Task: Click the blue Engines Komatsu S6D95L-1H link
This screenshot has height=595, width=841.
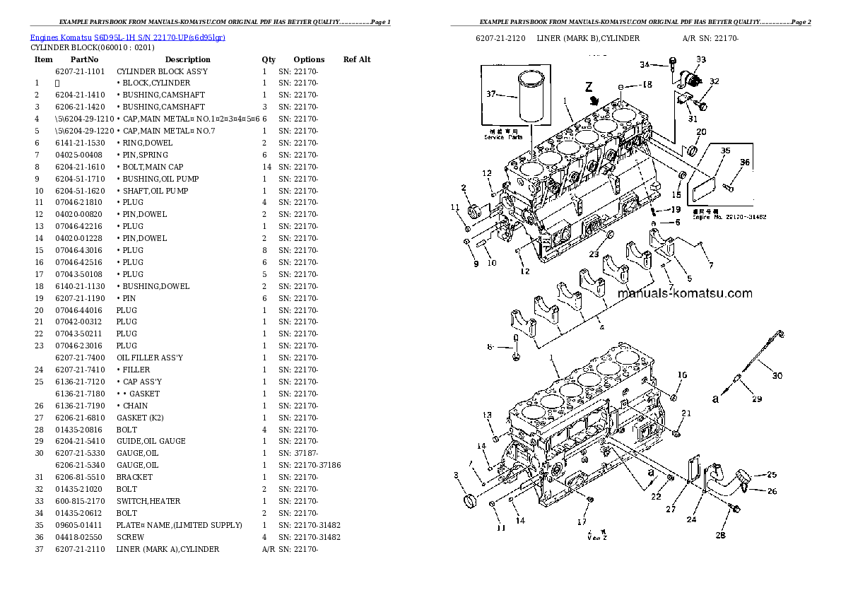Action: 127,37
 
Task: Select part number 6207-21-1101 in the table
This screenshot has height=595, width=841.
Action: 79,71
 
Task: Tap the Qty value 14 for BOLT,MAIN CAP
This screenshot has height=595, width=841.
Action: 266,167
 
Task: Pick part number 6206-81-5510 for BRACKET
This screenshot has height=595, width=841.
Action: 79,477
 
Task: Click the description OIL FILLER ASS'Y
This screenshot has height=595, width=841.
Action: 150,358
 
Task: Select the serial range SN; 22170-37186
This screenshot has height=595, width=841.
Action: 310,465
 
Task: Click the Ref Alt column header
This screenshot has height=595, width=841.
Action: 357,59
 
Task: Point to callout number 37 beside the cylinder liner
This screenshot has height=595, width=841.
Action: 491,93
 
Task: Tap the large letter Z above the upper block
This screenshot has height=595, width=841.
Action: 588,88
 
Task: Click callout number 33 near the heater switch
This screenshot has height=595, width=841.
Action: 700,60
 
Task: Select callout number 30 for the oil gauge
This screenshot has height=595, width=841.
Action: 777,375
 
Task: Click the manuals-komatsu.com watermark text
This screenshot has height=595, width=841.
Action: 685,294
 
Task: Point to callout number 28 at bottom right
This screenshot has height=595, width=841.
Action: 720,535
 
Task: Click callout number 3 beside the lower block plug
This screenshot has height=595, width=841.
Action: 456,475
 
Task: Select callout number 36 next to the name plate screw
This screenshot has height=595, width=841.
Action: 744,163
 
